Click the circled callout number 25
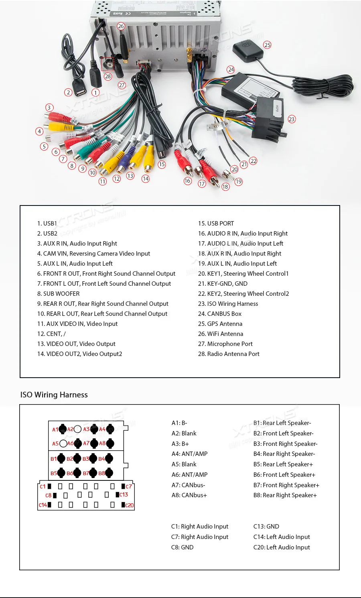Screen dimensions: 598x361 click(268, 45)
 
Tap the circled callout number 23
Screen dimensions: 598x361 click(292, 119)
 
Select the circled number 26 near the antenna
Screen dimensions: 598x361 click(121, 26)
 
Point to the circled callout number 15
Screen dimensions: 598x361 click(162, 164)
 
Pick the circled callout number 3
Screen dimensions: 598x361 click(49, 108)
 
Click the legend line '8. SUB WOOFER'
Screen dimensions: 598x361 click(58, 294)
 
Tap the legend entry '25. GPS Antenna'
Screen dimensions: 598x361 click(220, 324)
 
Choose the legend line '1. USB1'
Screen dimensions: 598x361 click(47, 224)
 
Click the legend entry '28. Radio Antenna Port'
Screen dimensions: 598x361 click(229, 354)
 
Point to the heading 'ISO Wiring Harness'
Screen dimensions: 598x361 click(54, 395)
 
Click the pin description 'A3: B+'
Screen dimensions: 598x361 click(180, 444)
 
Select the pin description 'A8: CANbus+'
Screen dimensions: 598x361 click(189, 495)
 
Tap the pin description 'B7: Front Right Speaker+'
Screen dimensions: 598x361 click(286, 485)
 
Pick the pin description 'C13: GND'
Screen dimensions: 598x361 click(266, 527)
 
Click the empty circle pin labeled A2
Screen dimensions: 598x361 click(78, 429)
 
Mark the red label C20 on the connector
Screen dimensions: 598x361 click(130, 505)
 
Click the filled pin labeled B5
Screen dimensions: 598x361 click(61, 473)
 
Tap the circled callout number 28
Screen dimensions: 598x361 click(107, 76)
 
